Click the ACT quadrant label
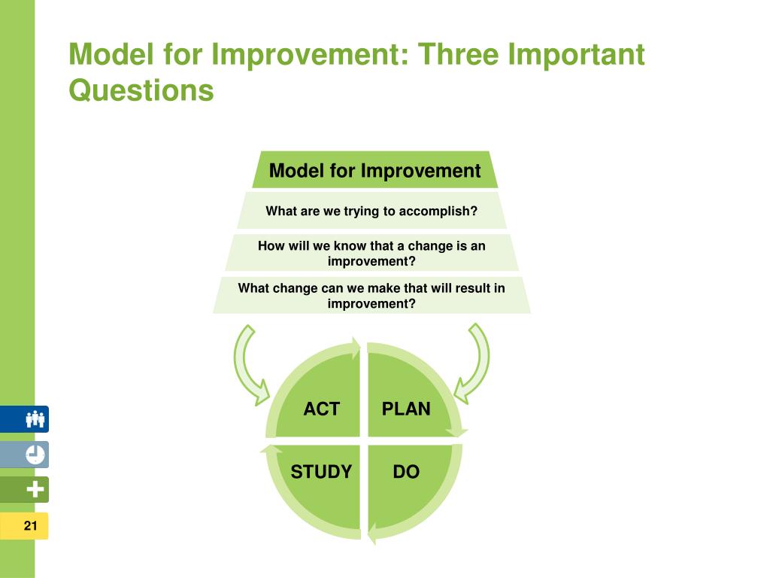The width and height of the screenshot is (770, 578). (x=322, y=409)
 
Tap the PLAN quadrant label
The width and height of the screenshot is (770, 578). (x=406, y=409)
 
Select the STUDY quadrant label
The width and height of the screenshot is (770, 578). (x=321, y=472)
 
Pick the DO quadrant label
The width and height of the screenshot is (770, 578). (x=406, y=472)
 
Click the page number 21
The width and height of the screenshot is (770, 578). (x=30, y=526)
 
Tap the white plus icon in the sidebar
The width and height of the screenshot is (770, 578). (x=35, y=489)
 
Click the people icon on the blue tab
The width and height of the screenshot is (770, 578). (x=35, y=419)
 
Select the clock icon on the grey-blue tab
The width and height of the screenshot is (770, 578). (x=35, y=455)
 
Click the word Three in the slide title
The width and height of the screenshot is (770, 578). (x=458, y=54)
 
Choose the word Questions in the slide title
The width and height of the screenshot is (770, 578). (x=141, y=91)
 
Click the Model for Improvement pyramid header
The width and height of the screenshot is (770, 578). (x=374, y=171)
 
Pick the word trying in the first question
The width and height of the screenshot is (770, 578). (x=362, y=211)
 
